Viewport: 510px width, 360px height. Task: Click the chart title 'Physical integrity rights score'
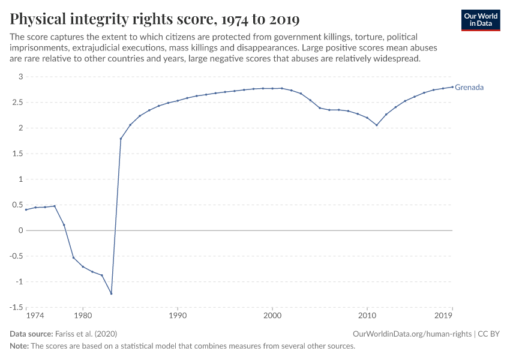tap(155, 20)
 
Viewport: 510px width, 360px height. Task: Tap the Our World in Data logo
tap(480, 20)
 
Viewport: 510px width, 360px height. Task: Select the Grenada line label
tap(469, 88)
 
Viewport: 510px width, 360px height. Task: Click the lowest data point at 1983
tap(111, 293)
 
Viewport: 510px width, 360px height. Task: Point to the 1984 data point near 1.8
tap(121, 139)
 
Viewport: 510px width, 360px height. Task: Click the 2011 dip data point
tap(377, 125)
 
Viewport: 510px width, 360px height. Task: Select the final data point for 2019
tap(452, 87)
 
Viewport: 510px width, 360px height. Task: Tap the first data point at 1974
tap(26, 209)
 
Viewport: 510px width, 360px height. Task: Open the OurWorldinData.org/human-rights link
tap(412, 334)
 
